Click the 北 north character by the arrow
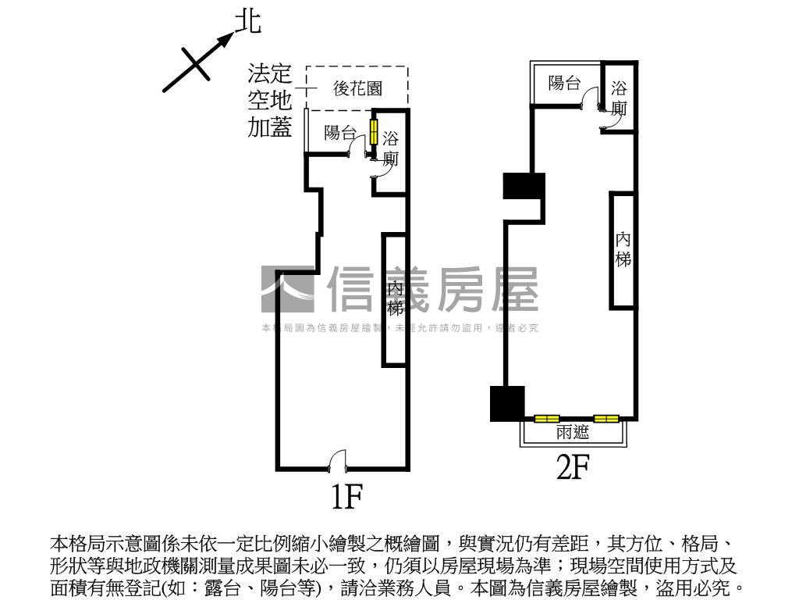(x=247, y=22)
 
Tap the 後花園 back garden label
(x=357, y=88)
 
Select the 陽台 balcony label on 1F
(x=340, y=133)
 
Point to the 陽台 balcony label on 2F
(x=564, y=83)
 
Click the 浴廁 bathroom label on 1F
(x=390, y=148)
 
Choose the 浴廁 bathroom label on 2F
(x=620, y=98)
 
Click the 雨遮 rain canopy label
(x=573, y=433)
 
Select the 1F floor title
(x=346, y=496)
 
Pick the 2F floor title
(x=571, y=467)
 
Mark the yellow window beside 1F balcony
(x=374, y=131)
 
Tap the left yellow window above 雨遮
(x=546, y=419)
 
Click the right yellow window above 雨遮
(x=606, y=419)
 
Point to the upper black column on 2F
(x=524, y=186)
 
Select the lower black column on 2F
(x=505, y=403)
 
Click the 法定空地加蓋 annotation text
(x=270, y=101)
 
